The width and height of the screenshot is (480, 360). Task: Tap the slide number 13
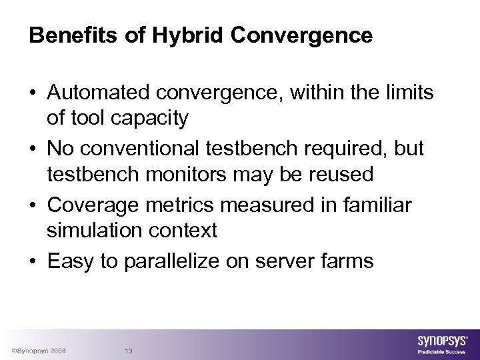129,351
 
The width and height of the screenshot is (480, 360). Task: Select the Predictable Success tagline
441,352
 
